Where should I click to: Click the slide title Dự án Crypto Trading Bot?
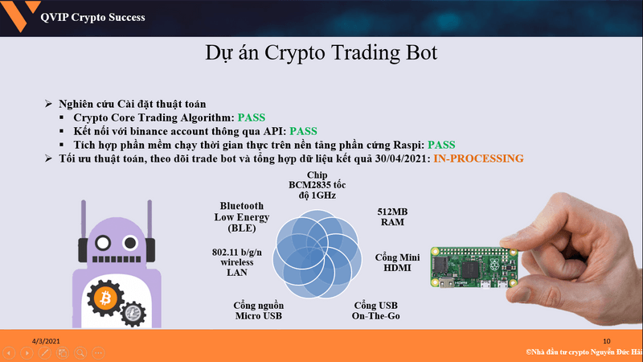[x=321, y=53]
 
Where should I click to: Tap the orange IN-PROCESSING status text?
[x=478, y=158]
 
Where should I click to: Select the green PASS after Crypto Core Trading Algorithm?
[x=252, y=117]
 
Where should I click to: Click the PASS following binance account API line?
[x=304, y=131]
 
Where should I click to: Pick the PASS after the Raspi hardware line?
[x=441, y=145]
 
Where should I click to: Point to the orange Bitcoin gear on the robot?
[x=105, y=298]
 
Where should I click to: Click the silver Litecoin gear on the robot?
[x=133, y=314]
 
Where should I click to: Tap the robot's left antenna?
[x=84, y=219]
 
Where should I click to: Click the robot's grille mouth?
[x=117, y=259]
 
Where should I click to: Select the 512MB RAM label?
[x=392, y=217]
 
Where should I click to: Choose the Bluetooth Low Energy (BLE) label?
[x=242, y=217]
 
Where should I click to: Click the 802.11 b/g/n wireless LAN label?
[x=237, y=262]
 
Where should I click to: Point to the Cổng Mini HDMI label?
[x=397, y=263]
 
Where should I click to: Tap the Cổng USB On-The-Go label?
[x=375, y=311]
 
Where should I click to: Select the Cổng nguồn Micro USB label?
[x=258, y=311]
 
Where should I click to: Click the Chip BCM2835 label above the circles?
[x=317, y=185]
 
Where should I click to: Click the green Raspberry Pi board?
[x=473, y=267]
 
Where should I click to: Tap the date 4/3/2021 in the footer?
[x=46, y=341]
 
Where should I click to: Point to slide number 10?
[x=607, y=341]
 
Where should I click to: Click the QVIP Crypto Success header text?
[x=92, y=17]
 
